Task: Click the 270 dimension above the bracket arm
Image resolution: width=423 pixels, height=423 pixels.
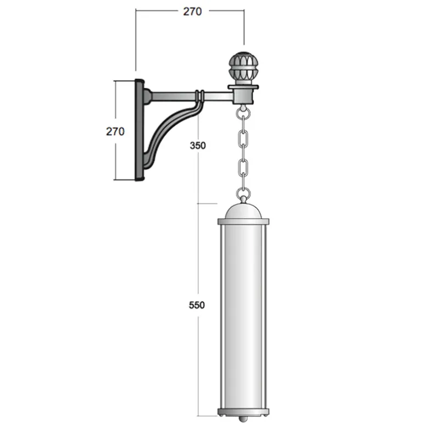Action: point(192,12)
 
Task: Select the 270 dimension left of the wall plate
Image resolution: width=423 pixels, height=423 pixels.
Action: point(115,131)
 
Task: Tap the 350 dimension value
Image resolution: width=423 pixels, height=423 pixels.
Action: point(198,146)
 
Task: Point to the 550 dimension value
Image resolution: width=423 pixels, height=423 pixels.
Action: point(197,305)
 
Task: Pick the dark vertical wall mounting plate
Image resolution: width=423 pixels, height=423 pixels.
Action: point(139,130)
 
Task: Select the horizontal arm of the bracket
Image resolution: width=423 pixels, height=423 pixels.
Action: point(189,96)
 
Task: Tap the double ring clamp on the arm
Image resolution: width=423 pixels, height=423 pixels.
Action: point(199,96)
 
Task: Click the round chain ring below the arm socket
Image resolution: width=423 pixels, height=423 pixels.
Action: point(243,114)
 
